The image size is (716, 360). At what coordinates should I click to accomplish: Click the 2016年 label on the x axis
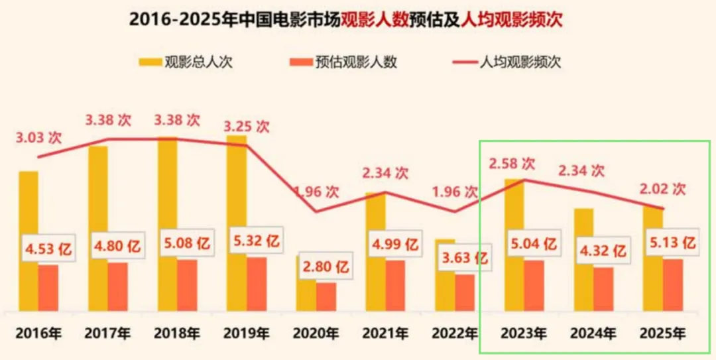38,333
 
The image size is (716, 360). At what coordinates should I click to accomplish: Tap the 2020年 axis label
316,333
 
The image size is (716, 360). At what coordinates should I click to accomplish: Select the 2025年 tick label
662,333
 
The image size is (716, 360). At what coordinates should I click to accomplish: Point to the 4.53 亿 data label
48,250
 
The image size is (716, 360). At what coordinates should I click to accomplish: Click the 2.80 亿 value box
326,268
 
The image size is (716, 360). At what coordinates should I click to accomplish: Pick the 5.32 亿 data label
256,243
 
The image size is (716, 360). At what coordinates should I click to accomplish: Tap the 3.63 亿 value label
465,257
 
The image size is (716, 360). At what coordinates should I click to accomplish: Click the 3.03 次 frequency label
38,138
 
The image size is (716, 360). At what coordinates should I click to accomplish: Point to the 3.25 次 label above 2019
246,126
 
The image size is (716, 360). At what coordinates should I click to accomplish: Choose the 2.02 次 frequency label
662,188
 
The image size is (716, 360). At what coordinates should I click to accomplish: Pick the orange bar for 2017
118,286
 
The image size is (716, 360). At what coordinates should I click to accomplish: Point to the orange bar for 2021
395,285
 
